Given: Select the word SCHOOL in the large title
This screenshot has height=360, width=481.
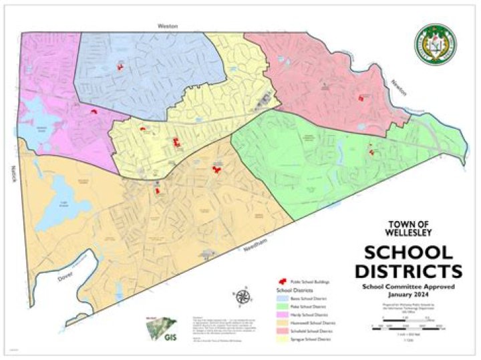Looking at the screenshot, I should pyautogui.click(x=407, y=253).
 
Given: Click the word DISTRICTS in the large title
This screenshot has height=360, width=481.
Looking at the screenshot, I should pyautogui.click(x=407, y=271).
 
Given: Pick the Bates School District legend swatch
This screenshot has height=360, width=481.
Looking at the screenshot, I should pyautogui.click(x=282, y=299).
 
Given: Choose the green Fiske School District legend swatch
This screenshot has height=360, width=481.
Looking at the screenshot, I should pyautogui.click(x=282, y=306).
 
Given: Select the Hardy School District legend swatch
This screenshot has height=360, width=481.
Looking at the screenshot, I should pyautogui.click(x=282, y=314).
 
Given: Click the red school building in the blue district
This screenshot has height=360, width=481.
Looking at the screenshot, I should pyautogui.click(x=120, y=65).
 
